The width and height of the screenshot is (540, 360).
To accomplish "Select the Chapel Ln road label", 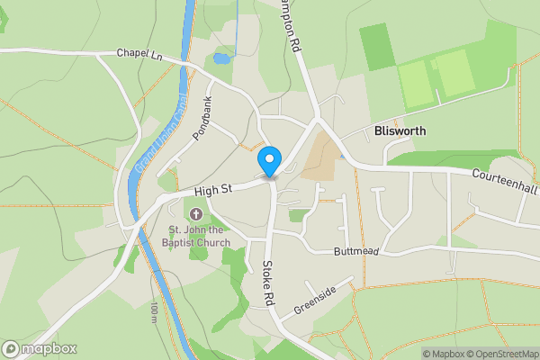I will pos(138,54).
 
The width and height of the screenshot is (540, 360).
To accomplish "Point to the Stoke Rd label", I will pos(267,283).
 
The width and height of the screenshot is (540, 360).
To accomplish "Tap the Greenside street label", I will pos(314,301).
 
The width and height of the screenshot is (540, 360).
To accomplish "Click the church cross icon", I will pos(196,214).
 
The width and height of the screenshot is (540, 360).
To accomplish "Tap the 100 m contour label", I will pos(154,311).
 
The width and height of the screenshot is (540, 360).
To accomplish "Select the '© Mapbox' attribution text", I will pos(443,354).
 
